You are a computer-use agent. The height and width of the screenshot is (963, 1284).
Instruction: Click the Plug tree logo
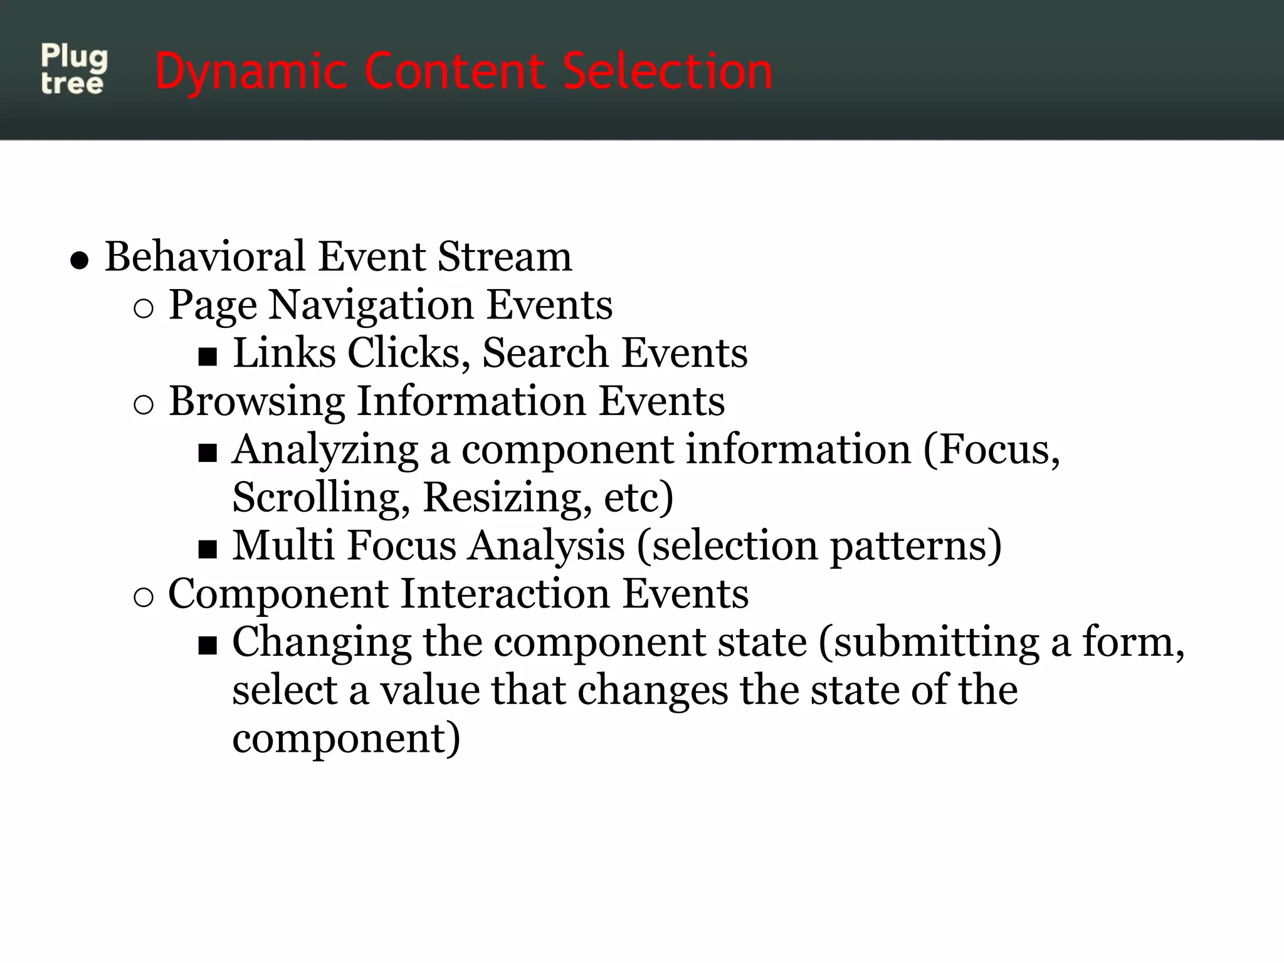(x=74, y=70)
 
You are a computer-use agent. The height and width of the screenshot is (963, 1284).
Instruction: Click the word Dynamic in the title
(x=251, y=72)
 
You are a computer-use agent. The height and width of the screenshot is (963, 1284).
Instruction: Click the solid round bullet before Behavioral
(x=80, y=260)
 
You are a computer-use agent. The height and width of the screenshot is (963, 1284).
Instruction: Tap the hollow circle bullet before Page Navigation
(x=144, y=309)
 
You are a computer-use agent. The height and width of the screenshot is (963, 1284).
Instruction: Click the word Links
(x=284, y=352)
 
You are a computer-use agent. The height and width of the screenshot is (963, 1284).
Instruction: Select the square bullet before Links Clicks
(x=208, y=357)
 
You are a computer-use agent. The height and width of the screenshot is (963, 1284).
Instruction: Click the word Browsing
(x=256, y=401)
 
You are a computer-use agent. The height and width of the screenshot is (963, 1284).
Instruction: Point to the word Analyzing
(x=325, y=450)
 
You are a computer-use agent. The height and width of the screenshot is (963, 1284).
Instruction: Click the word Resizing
(x=507, y=497)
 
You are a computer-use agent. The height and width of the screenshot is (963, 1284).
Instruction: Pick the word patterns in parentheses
(x=915, y=546)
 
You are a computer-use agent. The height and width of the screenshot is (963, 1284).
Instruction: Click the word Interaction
(x=505, y=593)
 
